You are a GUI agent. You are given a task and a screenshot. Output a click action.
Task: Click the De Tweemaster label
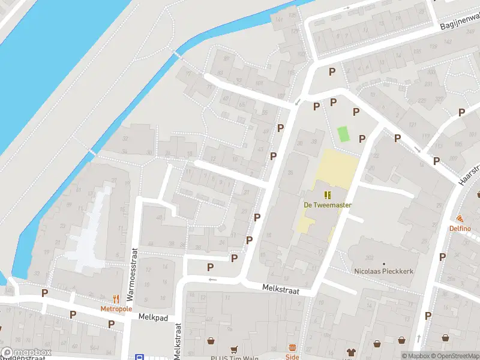pos(328,205)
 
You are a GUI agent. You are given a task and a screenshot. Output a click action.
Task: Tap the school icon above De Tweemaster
pos(328,194)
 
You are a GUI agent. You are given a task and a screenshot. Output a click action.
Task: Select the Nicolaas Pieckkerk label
pos(384,272)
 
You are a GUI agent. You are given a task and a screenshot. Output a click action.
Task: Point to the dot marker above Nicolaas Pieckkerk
pos(384,263)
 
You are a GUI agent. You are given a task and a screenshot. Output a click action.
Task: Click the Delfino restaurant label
pos(460,229)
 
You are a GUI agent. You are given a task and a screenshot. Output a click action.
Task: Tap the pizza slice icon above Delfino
pos(460,219)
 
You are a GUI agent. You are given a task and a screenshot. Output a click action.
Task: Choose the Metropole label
pos(116,308)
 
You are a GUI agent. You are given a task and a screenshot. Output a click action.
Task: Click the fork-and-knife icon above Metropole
pos(116,299)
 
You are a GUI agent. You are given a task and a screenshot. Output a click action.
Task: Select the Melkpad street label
pos(151,317)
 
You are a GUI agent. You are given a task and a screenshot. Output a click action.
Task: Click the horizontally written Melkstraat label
pos(280,289)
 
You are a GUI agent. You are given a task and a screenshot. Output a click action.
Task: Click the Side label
pos(292,356)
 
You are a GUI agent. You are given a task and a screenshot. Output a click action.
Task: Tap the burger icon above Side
pos(292,347)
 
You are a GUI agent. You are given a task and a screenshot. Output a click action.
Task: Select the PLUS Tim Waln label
pos(233,357)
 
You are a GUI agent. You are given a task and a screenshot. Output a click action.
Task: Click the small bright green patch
pos(343,134)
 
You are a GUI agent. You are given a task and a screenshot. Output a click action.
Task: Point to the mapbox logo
pos(25,353)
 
